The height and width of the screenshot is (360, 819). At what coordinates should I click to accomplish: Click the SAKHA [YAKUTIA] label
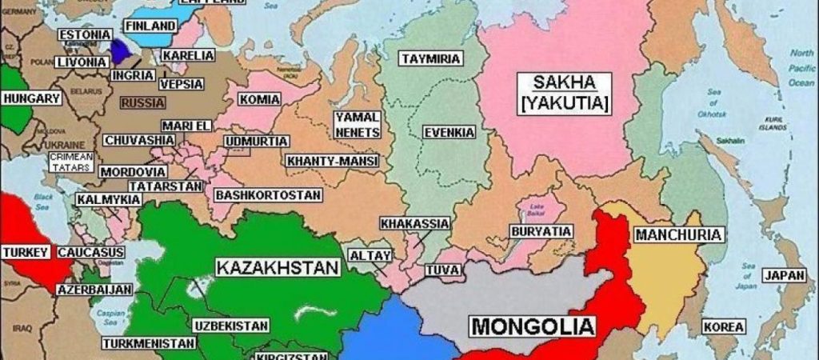point(564,93)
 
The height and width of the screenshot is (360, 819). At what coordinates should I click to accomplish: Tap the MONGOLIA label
point(533,326)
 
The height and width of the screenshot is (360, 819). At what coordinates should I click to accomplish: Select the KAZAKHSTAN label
point(278,267)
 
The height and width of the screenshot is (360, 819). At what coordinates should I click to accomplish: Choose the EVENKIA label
point(449,132)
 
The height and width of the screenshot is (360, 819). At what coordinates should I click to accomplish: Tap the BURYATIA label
point(541,232)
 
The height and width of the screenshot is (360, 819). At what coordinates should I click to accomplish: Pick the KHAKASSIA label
point(415,223)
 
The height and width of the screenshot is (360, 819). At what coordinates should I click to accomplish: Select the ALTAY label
point(370,256)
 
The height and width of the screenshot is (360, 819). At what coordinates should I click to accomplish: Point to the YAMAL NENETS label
point(357,123)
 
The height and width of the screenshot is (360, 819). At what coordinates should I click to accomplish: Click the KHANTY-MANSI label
point(332,161)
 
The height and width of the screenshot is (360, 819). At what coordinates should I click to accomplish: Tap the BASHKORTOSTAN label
point(268,194)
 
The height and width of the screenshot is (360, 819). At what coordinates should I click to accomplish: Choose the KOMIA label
point(258,100)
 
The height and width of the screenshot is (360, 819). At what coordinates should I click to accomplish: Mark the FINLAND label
point(150,26)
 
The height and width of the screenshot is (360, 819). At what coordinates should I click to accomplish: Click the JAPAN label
point(784,275)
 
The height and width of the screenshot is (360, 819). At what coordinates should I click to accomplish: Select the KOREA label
point(723,327)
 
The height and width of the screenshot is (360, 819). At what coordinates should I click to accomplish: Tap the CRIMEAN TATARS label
point(71,162)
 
